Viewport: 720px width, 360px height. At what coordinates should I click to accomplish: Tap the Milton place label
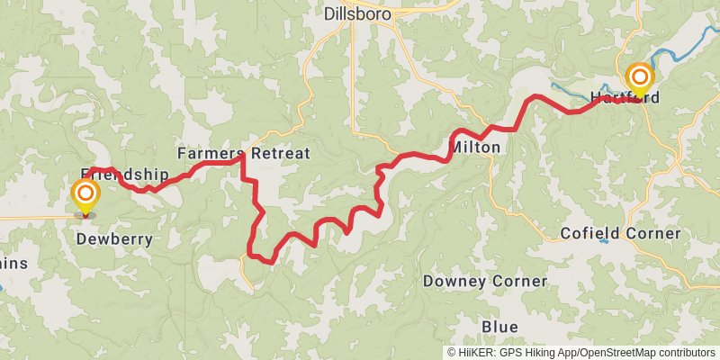click(x=473, y=147)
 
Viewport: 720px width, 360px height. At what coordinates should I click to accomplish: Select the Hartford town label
click(x=622, y=96)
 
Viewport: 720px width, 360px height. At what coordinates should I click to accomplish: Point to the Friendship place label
click(x=125, y=174)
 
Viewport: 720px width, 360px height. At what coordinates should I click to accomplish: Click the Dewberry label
click(x=113, y=239)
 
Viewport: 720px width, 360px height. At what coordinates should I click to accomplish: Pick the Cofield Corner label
click(x=620, y=233)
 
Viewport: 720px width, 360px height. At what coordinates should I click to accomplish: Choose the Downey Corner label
click(x=485, y=281)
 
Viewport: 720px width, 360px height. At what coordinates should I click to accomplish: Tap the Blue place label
click(x=499, y=326)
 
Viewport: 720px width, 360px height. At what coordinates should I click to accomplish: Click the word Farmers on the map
click(x=211, y=153)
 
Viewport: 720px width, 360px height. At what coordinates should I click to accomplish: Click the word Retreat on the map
click(x=280, y=153)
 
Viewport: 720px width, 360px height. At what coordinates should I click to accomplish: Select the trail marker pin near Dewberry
click(x=85, y=194)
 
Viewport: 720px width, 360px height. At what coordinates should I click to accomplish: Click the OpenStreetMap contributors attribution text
click(x=646, y=352)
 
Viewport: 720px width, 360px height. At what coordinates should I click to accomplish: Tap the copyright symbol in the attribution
click(x=452, y=352)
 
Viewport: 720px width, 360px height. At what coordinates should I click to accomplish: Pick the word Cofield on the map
click(x=589, y=233)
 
